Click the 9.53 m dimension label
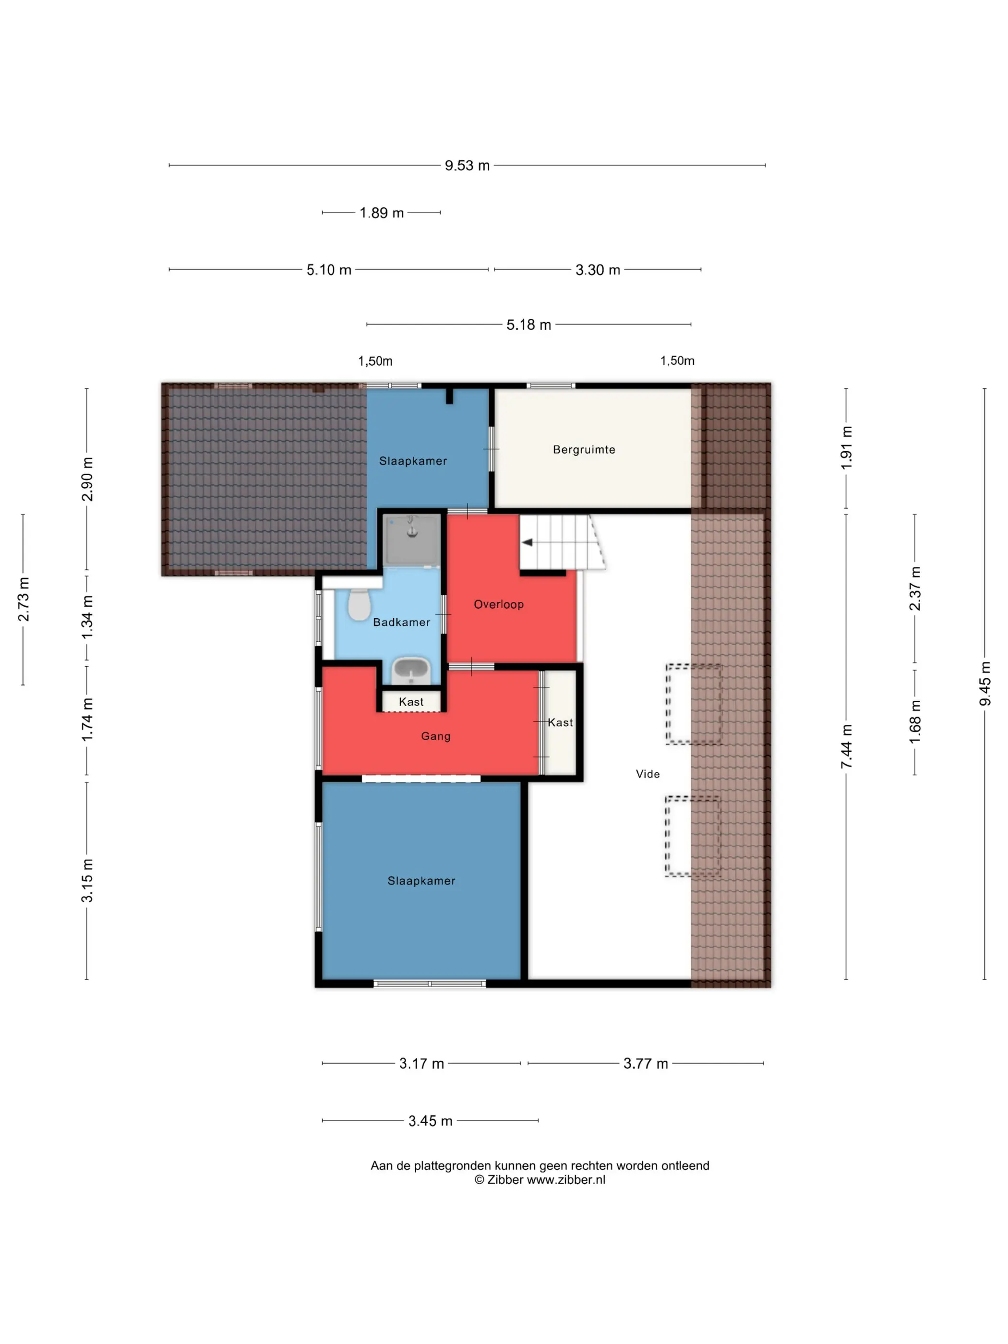pos(467,165)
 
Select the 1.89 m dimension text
pos(382,213)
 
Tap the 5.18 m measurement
pos(528,324)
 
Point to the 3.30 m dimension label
pos(598,270)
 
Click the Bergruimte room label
pos(584,450)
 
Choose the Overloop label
pos(498,604)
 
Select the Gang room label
pos(436,736)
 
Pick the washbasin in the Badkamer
pos(411,670)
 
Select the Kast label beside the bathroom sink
pos(411,702)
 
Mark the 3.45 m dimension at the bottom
pos(430,1121)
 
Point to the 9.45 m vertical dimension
pos(985,684)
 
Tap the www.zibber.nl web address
pos(565,1180)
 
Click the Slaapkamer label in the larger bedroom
pos(421,881)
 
